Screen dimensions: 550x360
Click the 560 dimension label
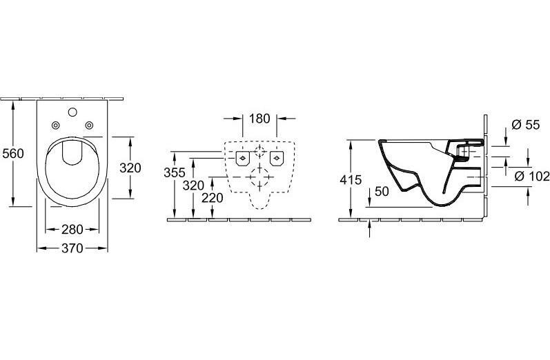pyautogui.click(x=13, y=154)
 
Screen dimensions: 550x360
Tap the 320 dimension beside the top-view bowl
pyautogui.click(x=130, y=168)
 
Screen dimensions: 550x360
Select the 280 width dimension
pyautogui.click(x=72, y=230)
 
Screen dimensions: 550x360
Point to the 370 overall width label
pyautogui.click(x=72, y=248)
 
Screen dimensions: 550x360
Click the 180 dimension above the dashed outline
pyautogui.click(x=259, y=119)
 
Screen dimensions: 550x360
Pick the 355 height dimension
pyautogui.click(x=175, y=172)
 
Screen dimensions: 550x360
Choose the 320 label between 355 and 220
pyautogui.click(x=193, y=186)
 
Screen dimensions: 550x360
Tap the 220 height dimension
pyautogui.click(x=213, y=198)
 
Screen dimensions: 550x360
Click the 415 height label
pyautogui.click(x=351, y=180)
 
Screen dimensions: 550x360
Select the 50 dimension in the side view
pyautogui.click(x=382, y=192)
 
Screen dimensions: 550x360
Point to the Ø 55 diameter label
pyautogui.click(x=525, y=124)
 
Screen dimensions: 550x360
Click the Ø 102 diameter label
pyautogui.click(x=532, y=176)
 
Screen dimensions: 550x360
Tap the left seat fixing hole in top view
pyautogui.click(x=55, y=125)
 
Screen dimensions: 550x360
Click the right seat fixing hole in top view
pyautogui.click(x=90, y=125)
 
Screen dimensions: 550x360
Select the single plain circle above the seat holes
pyautogui.click(x=72, y=112)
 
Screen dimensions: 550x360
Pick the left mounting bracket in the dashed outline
pyautogui.click(x=242, y=158)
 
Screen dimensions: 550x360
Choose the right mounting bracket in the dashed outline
pyautogui.click(x=277, y=158)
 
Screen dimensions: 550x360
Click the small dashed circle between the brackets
pyautogui.click(x=259, y=152)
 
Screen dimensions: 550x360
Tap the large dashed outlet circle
pyautogui.click(x=259, y=177)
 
